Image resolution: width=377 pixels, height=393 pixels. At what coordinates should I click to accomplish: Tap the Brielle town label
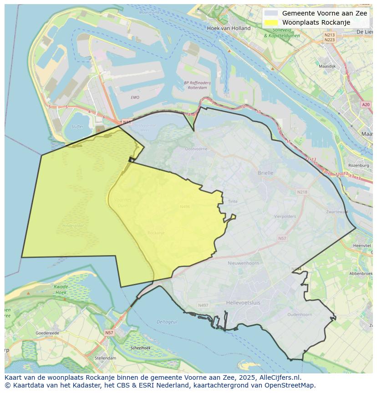[265, 173]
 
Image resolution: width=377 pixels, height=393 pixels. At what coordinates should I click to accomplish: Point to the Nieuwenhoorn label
[243, 263]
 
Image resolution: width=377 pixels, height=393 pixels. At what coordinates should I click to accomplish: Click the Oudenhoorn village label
[300, 314]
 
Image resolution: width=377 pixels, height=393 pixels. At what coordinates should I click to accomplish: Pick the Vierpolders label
[285, 216]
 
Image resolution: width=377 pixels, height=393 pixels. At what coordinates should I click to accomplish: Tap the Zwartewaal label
[337, 212]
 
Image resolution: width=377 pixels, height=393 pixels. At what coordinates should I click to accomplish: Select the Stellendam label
[105, 358]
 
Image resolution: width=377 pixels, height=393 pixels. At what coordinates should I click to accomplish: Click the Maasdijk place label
[327, 66]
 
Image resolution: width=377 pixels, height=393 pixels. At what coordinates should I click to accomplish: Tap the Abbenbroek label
[361, 273]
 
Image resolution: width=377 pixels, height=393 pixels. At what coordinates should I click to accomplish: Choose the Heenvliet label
[362, 246]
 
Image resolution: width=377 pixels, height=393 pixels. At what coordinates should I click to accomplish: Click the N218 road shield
[302, 192]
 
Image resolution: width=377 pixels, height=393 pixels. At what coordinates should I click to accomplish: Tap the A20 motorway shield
[366, 105]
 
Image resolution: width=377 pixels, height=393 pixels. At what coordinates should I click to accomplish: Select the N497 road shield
[203, 305]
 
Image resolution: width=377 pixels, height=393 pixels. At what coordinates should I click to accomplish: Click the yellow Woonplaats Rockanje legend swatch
[270, 22]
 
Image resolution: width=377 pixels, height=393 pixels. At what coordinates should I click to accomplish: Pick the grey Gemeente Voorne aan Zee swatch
[270, 13]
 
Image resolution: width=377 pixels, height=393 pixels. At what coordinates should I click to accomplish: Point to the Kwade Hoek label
[61, 289]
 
